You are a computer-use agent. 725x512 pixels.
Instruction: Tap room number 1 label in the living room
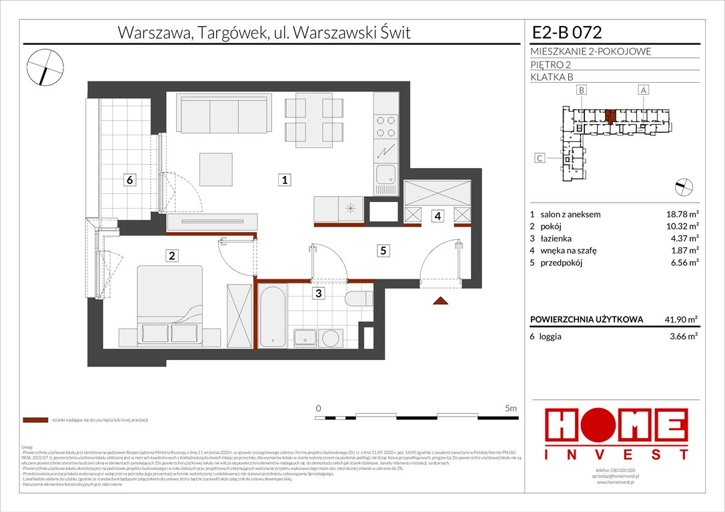pos(284,179)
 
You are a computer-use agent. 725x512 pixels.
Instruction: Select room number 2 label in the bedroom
pos(172,255)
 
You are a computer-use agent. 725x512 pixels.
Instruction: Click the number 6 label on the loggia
pos(131,179)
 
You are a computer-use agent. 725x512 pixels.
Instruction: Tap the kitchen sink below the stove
pos(385,175)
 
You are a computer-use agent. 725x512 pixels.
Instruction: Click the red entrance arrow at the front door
pos(440,301)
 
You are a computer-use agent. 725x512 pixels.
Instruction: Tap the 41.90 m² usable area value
pos(680,319)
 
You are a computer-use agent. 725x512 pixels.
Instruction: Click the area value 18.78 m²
pos(680,214)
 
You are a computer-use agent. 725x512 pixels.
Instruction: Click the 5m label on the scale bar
pos(511,407)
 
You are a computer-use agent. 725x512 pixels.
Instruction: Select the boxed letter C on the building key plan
pos(540,158)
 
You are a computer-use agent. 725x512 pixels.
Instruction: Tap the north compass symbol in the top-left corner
pos(44,66)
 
